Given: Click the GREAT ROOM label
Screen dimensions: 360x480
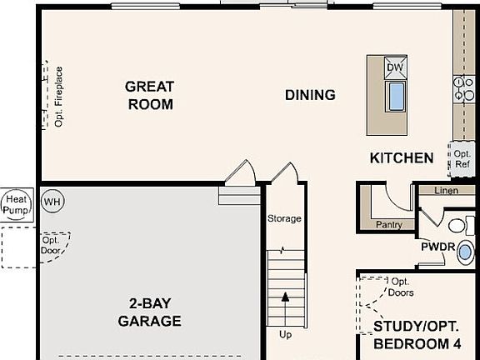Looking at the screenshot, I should [x=150, y=95].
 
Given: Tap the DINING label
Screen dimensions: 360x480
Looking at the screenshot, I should [x=310, y=95].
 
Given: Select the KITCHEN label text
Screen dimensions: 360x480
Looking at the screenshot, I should [x=402, y=157].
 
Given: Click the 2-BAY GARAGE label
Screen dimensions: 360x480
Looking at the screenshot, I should [x=149, y=312].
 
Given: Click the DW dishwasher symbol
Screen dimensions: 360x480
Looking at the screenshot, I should [x=396, y=67].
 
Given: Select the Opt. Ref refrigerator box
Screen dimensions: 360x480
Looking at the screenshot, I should [x=462, y=158].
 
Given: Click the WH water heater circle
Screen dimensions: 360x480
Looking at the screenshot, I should [x=52, y=202].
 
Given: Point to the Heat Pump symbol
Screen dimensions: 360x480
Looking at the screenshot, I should [x=16, y=204].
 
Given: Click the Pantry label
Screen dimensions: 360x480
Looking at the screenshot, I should [x=388, y=224].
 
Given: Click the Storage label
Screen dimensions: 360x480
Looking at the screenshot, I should [x=284, y=218].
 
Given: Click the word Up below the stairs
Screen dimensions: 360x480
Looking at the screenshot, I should [x=285, y=336].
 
